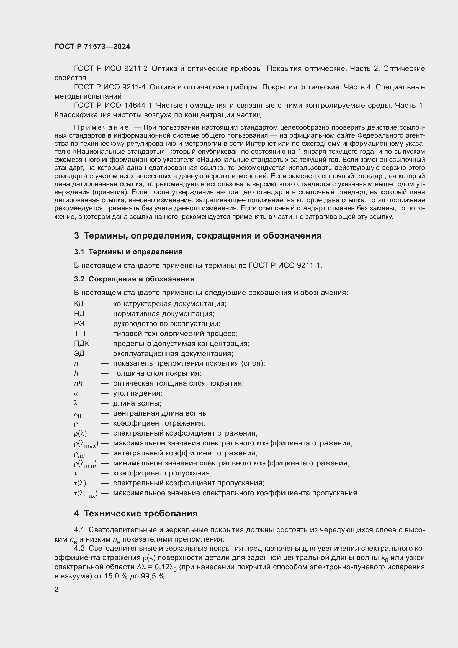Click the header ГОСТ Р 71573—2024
(92, 47)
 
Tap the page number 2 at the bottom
(56, 589)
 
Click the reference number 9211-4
(134, 87)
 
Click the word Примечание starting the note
(101, 127)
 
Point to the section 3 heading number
(76, 235)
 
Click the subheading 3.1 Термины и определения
(128, 252)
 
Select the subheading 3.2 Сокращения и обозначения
(134, 279)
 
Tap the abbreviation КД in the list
(79, 304)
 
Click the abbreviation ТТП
(81, 334)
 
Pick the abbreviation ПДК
(81, 344)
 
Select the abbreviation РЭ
(79, 324)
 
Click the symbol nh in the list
(78, 383)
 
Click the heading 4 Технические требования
(136, 513)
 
